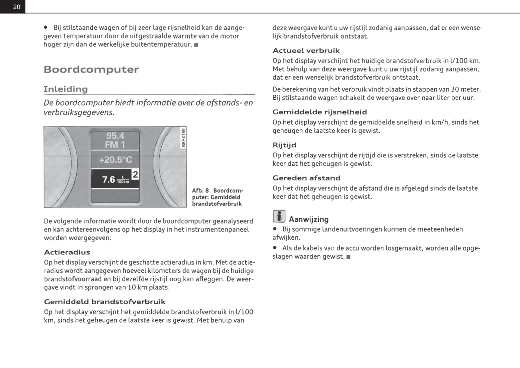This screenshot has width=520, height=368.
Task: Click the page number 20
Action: tap(17, 7)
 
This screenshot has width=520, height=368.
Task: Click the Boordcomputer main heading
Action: tap(91, 69)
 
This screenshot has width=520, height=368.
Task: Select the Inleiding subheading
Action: tap(66, 89)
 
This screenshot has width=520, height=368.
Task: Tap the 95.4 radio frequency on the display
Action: tap(115, 136)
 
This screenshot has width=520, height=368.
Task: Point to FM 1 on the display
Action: tap(115, 145)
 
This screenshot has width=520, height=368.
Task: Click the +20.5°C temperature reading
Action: tap(115, 160)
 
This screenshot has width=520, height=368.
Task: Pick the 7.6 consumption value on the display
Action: tap(109, 179)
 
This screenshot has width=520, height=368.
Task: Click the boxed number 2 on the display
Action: tap(136, 174)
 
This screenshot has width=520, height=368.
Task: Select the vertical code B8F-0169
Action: tap(183, 138)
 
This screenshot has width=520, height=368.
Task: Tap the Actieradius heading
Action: tap(67, 252)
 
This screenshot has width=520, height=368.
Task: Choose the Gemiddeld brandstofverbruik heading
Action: tap(105, 302)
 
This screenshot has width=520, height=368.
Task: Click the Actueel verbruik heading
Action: tap(306, 51)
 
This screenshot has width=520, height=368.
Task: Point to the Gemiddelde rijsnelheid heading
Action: tap(319, 112)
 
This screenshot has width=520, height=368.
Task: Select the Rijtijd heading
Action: tap(284, 145)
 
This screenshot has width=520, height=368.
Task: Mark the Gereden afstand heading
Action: tap(306, 178)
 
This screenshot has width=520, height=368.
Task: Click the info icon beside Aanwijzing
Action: tap(279, 216)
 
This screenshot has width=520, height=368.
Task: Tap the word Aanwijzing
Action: tap(308, 219)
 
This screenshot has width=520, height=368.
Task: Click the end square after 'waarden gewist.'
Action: tap(349, 257)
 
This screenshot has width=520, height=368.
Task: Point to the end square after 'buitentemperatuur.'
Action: tap(196, 45)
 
